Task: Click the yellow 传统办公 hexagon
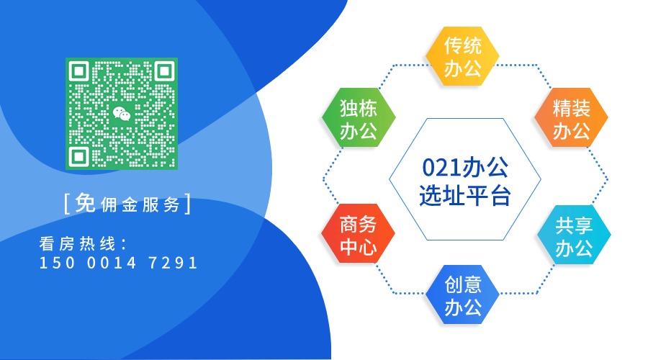click(x=462, y=58)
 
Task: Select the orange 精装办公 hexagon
click(x=572, y=120)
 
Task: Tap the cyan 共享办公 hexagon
click(x=574, y=238)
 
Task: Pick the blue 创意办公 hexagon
click(x=462, y=297)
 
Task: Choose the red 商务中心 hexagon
click(x=358, y=236)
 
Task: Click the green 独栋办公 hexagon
click(x=358, y=120)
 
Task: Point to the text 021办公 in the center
click(x=464, y=168)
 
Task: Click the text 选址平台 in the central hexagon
click(x=464, y=196)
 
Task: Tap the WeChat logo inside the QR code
click(x=122, y=114)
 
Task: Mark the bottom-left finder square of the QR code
click(x=80, y=156)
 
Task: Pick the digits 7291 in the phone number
click(x=173, y=263)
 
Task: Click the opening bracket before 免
click(x=67, y=204)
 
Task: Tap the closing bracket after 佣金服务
click(x=189, y=204)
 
